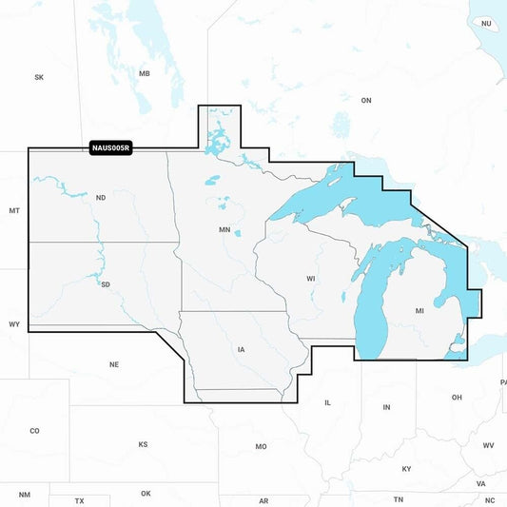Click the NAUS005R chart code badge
pos(111,147)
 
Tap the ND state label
pos(101,198)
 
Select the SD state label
pos(105,283)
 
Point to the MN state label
pos(224,230)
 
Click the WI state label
pos(310,278)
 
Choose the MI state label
pos(419,311)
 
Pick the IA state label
pos(241,350)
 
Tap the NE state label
pos(113,364)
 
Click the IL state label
pos(328,403)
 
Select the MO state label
pos(261,446)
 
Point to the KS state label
pos(143,444)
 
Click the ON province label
pos(366,100)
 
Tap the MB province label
pos(145,73)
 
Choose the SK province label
pos(39,77)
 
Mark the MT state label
pos(13,210)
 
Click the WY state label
pos(14,324)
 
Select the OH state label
pos(457,397)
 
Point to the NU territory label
pos(486,23)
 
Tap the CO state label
pos(34,431)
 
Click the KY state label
pos(406,469)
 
